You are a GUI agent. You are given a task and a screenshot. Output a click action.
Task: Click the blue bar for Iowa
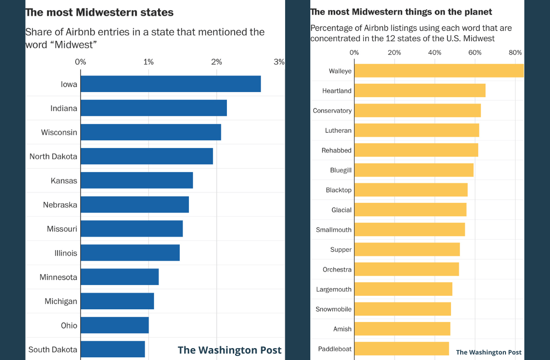tap(170, 84)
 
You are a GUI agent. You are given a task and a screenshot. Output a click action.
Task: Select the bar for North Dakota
tap(147, 156)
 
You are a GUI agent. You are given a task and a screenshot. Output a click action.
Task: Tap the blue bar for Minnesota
tap(120, 277)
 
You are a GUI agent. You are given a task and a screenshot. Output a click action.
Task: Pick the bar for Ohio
tap(115, 325)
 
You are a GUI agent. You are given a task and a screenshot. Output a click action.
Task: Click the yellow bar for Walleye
tap(439, 71)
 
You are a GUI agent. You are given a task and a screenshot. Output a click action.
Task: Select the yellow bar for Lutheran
tap(416, 130)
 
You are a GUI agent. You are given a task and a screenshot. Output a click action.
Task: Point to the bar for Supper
tap(407, 250)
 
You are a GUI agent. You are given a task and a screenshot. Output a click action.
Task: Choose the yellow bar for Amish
tap(402, 329)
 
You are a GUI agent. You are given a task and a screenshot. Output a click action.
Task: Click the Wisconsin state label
tap(59, 132)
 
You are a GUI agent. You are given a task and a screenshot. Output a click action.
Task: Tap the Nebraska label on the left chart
tap(60, 205)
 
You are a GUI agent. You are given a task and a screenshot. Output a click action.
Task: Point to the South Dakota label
tap(53, 349)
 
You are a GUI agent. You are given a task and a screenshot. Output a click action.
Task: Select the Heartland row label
tap(337, 91)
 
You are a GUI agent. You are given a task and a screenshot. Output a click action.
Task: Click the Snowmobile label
tap(334, 309)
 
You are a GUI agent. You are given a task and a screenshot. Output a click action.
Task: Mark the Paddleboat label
tap(335, 349)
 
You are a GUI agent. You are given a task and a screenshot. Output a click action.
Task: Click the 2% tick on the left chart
tap(216, 62)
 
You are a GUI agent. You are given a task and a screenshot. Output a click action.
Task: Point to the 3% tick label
tap(279, 62)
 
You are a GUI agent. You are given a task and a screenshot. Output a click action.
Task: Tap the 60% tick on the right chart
tap(475, 52)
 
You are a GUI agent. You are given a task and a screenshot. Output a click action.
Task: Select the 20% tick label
tap(394, 52)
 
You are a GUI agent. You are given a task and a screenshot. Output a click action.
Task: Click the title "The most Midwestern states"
tap(99, 12)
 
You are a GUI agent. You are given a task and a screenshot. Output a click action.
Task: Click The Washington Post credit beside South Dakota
tap(230, 350)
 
